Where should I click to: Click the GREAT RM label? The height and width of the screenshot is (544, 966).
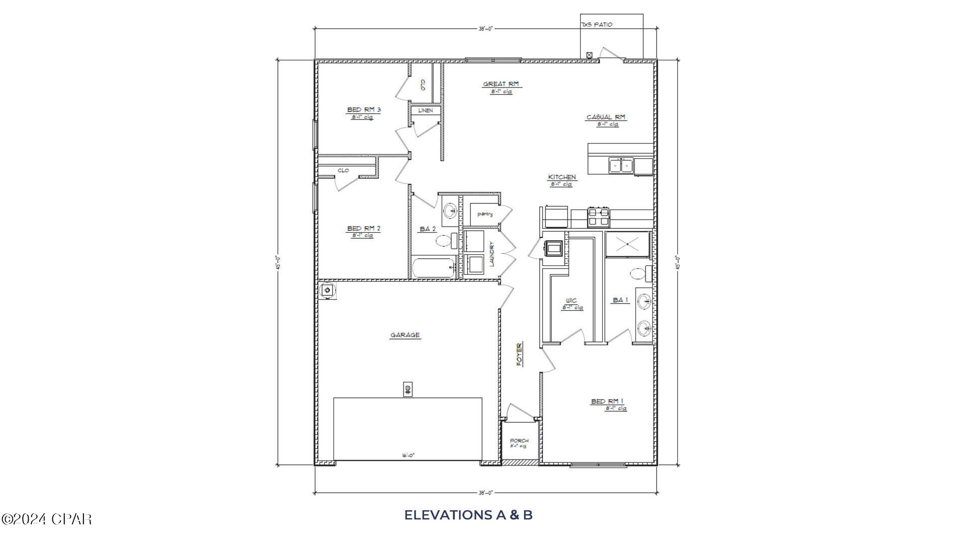coord(501,84)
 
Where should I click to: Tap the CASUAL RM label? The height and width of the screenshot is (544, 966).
coord(606,117)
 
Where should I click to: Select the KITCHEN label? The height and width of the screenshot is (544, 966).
coord(562,177)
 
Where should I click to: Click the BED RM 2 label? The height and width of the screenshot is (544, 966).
coord(363,229)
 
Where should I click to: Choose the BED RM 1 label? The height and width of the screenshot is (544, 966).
coord(607,401)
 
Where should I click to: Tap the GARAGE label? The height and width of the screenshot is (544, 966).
coord(405,335)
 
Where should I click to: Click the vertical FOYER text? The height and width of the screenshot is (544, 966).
coord(519,354)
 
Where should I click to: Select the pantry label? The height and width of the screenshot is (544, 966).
coord(485,214)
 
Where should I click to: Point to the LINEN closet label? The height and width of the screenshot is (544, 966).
coord(425,110)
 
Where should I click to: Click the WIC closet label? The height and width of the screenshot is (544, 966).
coord(571,301)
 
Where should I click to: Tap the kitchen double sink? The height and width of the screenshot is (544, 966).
coord(621,165)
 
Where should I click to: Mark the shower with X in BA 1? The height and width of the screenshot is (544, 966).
coord(627,244)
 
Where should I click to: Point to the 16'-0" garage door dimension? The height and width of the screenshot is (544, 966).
coord(408,455)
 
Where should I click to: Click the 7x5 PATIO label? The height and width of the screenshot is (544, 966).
coord(597,25)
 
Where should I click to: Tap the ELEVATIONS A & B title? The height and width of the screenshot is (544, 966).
coord(468,515)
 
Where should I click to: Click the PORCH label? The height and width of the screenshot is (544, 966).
coord(519,441)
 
